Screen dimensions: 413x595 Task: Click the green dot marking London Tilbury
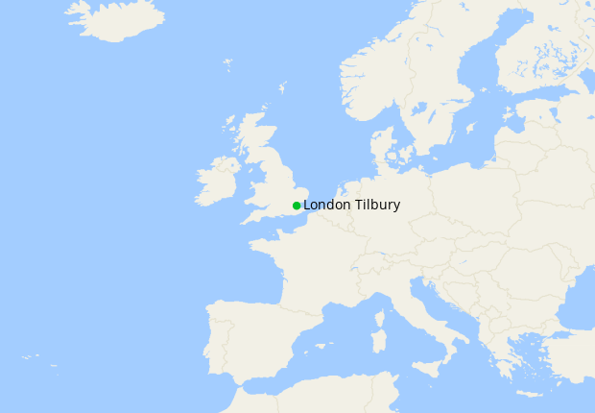point(297,206)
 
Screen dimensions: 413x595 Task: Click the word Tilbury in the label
point(378,206)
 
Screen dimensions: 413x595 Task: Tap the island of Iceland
point(116,19)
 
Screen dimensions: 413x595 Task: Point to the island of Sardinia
point(379,338)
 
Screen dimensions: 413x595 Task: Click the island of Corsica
point(380,316)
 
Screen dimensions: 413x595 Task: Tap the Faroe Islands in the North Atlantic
point(227,65)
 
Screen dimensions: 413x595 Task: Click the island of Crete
point(529,393)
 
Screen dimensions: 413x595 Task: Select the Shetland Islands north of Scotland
point(283,88)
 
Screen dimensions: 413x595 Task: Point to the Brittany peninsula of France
point(262,249)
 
